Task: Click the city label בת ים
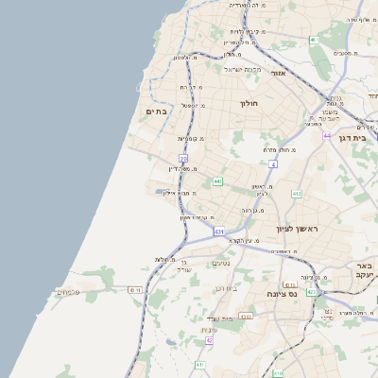[156, 112]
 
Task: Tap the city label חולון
[249, 103]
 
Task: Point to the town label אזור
[278, 73]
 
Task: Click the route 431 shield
[219, 231]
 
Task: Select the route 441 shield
[217, 180]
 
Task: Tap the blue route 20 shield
[183, 159]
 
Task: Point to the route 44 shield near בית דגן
[327, 136]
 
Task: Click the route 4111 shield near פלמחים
[134, 290]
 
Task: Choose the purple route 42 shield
[209, 340]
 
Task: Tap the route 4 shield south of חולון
[272, 164]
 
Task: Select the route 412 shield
[296, 194]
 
